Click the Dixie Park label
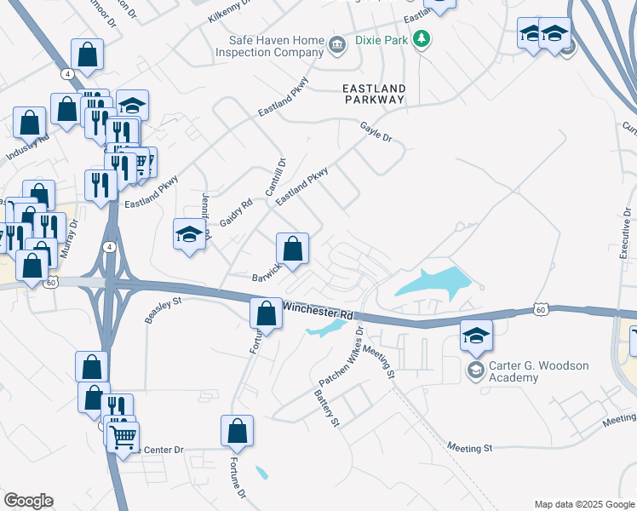(378, 39)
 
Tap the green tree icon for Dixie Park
(421, 39)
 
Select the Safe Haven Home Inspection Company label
(277, 46)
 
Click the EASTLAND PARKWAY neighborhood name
(373, 94)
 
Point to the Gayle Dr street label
(375, 132)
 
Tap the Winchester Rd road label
(317, 310)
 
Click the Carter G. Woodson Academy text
(538, 371)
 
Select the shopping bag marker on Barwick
(292, 250)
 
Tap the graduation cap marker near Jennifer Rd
(189, 235)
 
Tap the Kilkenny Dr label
(232, 11)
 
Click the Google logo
(28, 501)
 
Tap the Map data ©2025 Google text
(583, 504)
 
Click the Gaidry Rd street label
(236, 212)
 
